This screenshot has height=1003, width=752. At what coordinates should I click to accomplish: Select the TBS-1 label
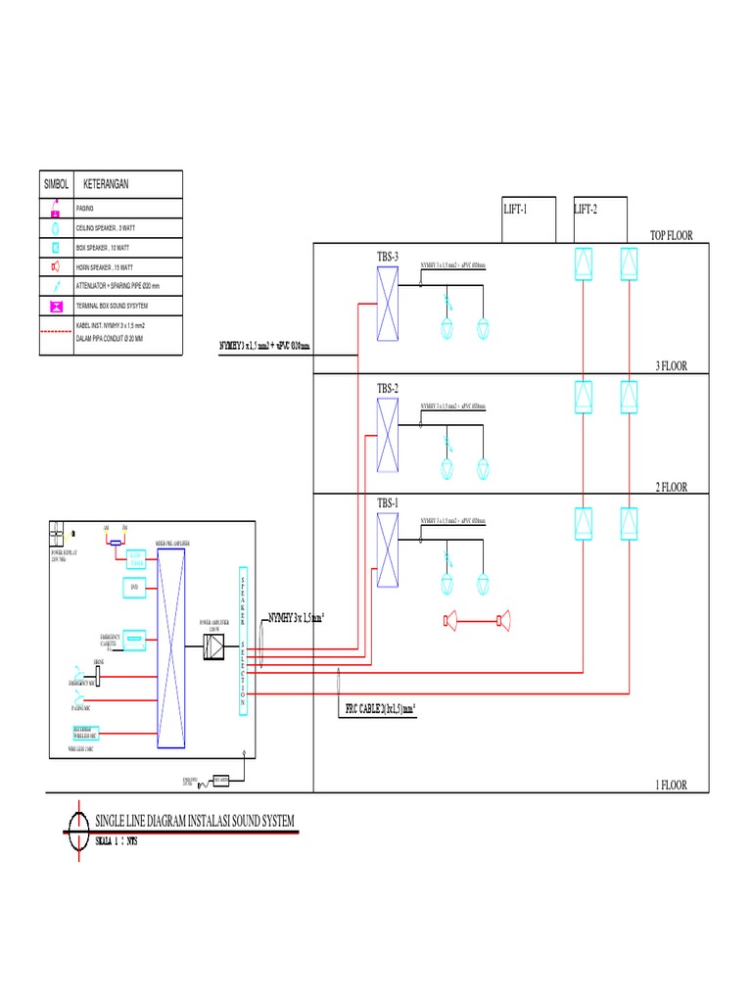(x=389, y=503)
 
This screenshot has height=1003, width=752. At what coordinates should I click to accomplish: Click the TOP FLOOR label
(x=671, y=235)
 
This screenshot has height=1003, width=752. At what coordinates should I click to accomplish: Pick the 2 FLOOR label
(x=671, y=487)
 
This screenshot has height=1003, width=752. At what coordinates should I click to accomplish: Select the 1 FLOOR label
(x=671, y=785)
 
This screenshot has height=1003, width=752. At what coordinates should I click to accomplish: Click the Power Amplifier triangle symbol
(x=215, y=647)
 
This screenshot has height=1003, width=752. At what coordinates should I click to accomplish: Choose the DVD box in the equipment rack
(x=134, y=588)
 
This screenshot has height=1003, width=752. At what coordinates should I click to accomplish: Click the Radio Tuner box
(x=135, y=558)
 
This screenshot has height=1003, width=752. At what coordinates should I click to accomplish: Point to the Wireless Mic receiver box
(x=86, y=732)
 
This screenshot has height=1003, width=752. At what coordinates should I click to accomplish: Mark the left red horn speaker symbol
(x=451, y=619)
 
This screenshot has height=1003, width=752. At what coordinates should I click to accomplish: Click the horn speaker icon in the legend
(x=56, y=267)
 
